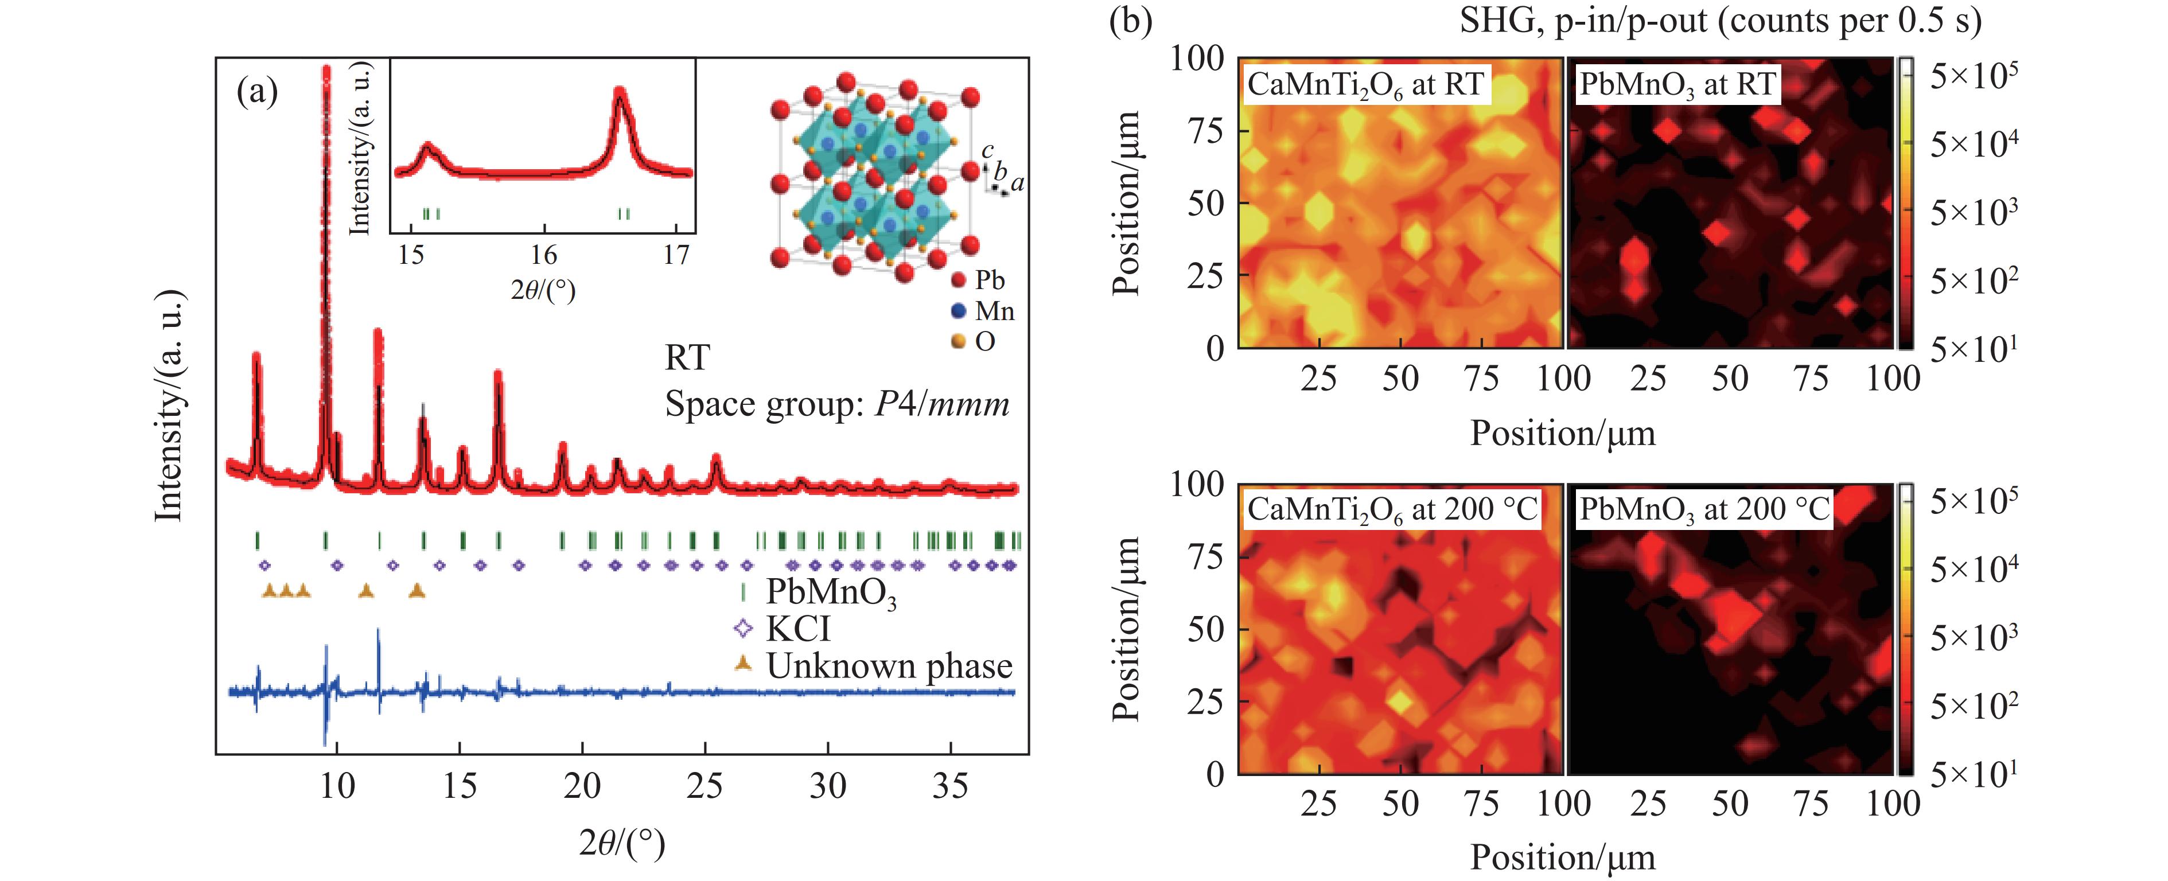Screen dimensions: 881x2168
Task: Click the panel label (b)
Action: pyautogui.click(x=1130, y=20)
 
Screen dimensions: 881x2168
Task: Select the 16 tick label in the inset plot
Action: pyautogui.click(x=544, y=254)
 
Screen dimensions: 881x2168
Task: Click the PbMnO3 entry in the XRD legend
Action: pyautogui.click(x=830, y=592)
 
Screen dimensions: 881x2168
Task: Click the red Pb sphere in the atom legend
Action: pyautogui.click(x=957, y=280)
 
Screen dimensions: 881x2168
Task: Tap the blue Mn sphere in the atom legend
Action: pyautogui.click(x=957, y=311)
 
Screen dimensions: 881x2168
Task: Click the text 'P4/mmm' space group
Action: pyautogui.click(x=942, y=405)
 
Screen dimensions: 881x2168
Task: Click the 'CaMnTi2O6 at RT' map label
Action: pyautogui.click(x=1365, y=85)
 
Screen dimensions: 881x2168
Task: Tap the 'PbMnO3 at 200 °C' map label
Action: pyautogui.click(x=1704, y=510)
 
